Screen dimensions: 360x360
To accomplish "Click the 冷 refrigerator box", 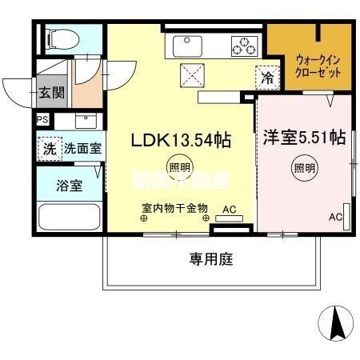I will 264,79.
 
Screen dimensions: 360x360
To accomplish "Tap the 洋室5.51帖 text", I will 303,137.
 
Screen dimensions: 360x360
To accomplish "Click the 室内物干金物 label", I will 174,207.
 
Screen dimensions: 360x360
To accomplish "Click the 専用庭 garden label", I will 210,258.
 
